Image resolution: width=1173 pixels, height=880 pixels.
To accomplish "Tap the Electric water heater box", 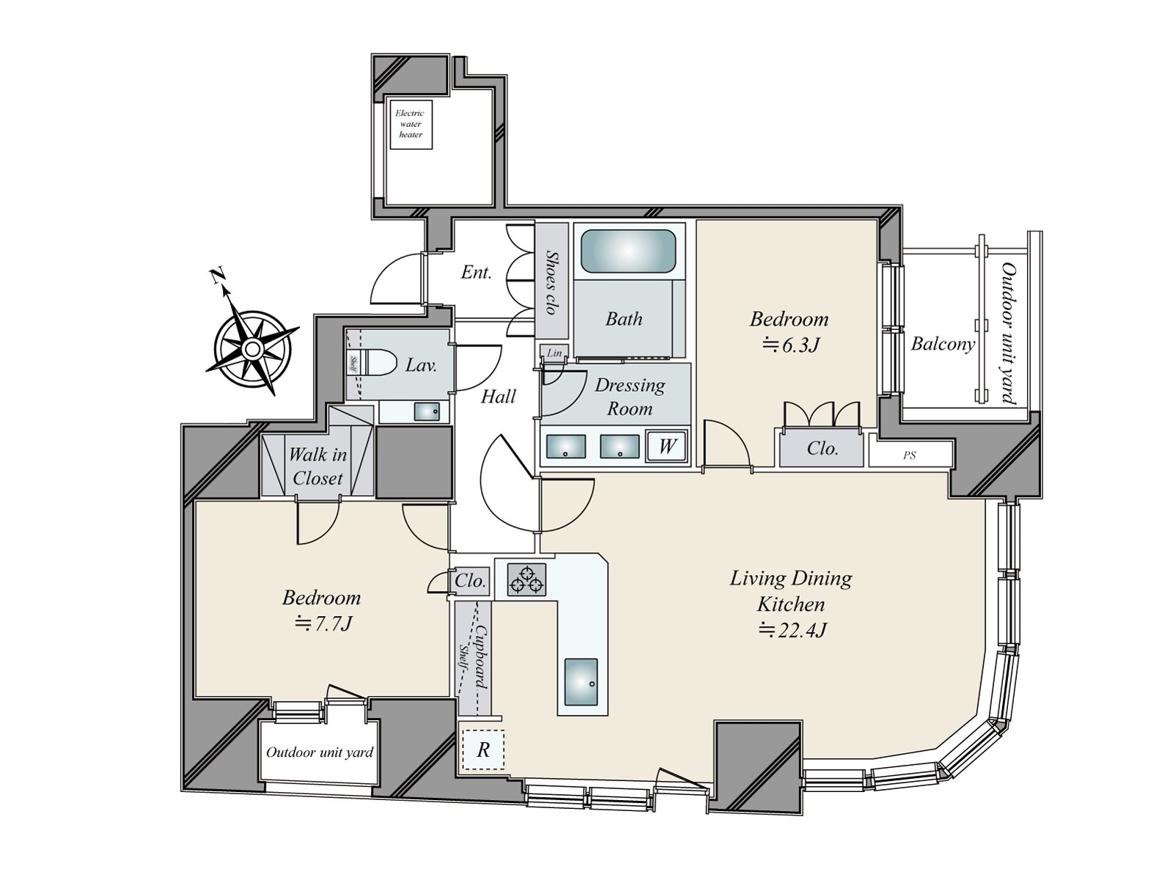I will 411,124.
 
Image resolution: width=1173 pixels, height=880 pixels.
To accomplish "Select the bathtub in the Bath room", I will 628,252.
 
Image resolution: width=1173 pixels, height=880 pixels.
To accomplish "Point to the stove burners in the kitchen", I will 527,579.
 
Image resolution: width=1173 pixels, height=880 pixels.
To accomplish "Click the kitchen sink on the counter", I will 581,682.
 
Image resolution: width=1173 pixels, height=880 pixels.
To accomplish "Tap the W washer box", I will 666,446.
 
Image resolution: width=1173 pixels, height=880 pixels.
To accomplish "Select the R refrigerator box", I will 483,750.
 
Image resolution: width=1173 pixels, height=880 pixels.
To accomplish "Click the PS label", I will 910,455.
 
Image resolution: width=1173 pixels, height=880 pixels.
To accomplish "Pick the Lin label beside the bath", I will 554,353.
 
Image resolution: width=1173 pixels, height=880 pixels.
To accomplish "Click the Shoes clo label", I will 551,282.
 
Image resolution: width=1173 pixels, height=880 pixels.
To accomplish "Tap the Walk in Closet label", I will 317,466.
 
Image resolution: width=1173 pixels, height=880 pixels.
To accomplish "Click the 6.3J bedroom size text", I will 791,345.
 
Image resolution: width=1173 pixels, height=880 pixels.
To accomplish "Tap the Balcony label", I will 942,344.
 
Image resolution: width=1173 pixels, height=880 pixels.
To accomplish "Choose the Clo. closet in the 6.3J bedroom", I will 822,448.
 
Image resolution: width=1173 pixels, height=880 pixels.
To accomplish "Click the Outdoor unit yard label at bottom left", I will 320,752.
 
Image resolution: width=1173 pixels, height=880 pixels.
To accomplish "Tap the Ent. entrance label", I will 476,273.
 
